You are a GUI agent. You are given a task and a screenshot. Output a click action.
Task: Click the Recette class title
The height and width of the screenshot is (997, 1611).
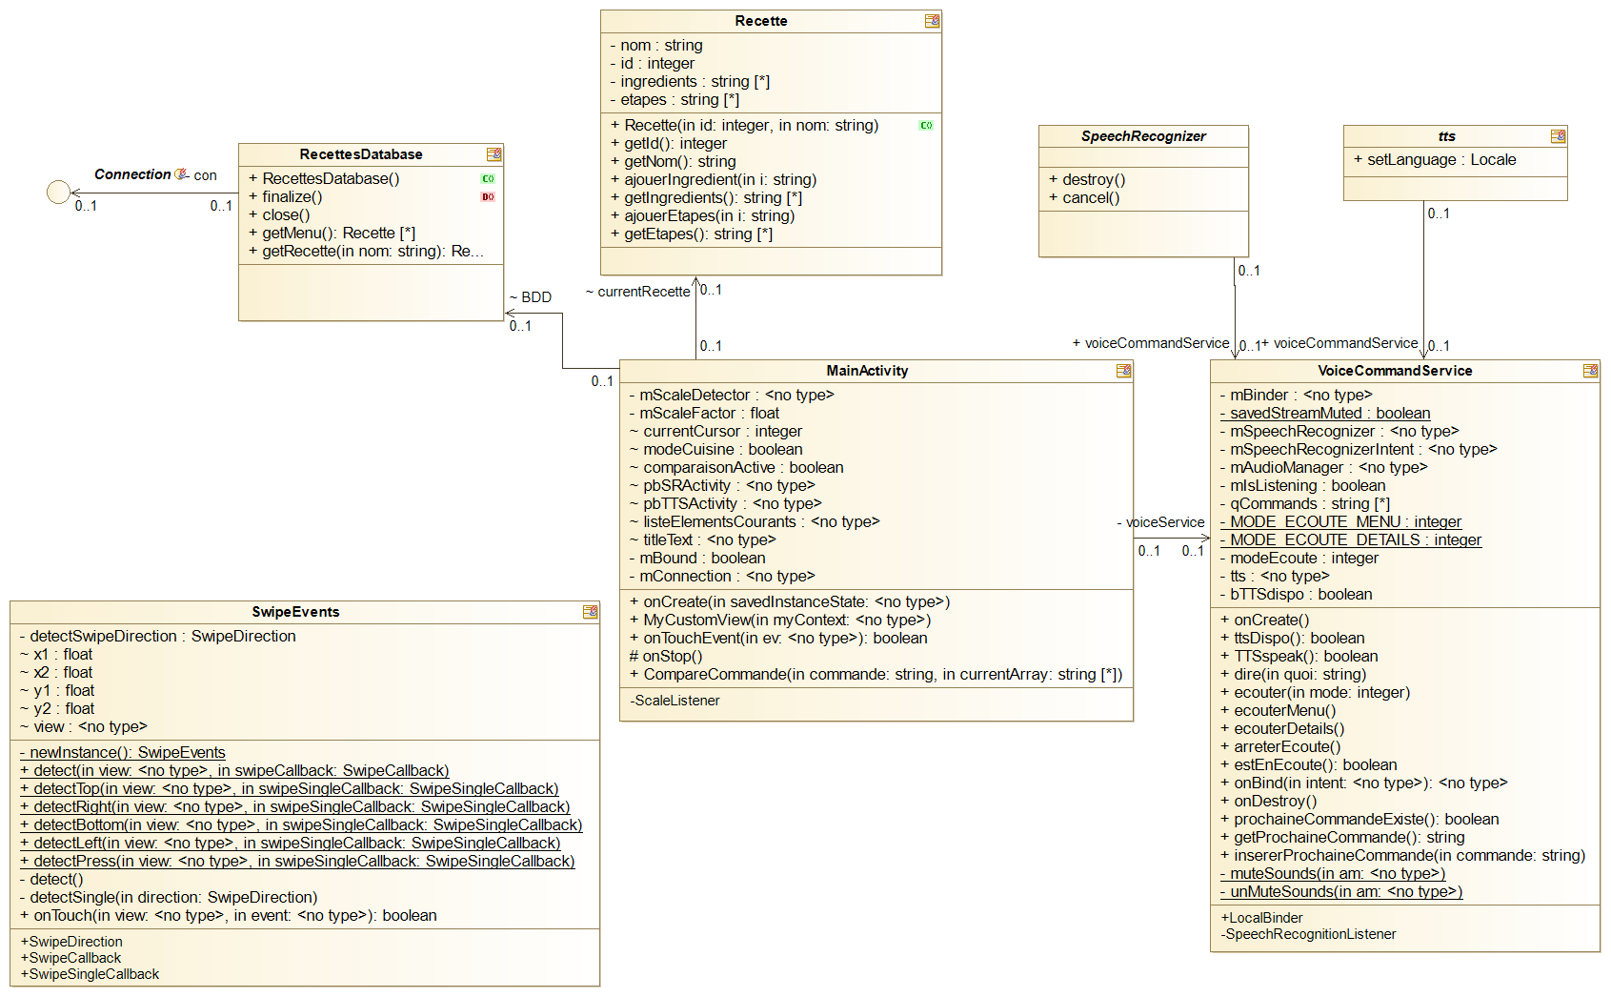pos(760,21)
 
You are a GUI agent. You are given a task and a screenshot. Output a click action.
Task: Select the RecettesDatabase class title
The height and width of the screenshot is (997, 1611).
pos(360,154)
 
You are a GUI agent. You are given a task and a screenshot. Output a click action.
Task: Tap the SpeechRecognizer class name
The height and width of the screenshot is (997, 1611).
pos(1143,136)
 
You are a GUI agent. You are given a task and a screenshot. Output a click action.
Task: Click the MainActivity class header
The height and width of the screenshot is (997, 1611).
pos(867,371)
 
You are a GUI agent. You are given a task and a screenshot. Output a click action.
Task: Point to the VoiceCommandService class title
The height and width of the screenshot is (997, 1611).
pos(1395,371)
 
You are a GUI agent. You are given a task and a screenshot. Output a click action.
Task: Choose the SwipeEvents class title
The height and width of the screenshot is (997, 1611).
pos(295,612)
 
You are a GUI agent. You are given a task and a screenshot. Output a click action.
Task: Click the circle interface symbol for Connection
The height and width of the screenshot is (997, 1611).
pos(58,193)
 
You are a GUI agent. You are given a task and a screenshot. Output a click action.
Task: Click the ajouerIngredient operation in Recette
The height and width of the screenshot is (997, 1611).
pos(719,179)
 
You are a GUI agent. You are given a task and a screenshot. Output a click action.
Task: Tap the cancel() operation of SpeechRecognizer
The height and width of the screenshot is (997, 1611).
pos(1090,197)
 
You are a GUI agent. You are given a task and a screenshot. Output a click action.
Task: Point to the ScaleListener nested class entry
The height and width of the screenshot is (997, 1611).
pos(675,701)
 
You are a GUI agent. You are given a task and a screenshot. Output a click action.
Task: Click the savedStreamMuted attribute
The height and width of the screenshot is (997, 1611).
pos(1329,413)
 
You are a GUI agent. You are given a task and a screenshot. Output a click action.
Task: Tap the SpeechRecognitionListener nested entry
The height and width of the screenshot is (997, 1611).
pos(1309,934)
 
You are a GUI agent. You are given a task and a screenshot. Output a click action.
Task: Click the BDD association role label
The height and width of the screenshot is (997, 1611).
pos(535,297)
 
